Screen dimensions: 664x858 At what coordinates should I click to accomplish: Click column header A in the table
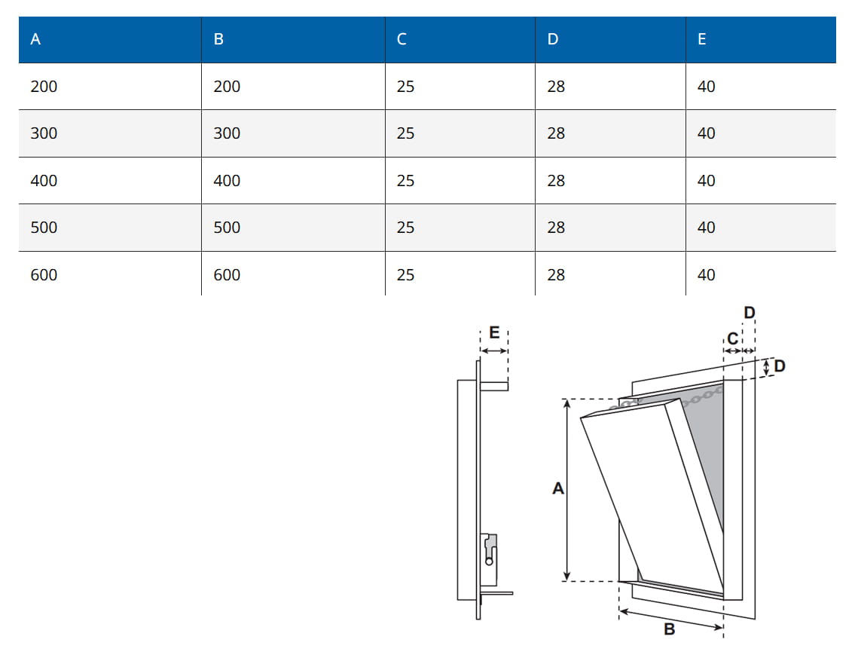[x=35, y=39]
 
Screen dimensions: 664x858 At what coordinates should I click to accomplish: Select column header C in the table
[x=402, y=39]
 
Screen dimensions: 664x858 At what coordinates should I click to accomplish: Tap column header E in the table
[x=701, y=39]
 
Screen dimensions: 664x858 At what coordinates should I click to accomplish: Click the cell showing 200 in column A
[x=44, y=87]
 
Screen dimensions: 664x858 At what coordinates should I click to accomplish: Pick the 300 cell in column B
[x=227, y=133]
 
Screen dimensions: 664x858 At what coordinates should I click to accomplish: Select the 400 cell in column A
[x=44, y=181]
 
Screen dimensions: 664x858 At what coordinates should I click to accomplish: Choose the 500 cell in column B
[x=227, y=228]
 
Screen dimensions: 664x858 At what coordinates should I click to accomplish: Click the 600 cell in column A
[x=44, y=275]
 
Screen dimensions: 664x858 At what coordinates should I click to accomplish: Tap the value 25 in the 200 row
[x=405, y=87]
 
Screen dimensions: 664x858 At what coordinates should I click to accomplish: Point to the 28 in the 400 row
[x=556, y=181]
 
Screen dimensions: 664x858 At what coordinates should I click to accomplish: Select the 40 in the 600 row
[x=706, y=275]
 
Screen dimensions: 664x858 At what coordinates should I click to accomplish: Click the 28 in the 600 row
[x=556, y=275]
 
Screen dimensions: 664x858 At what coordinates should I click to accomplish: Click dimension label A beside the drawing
[x=558, y=488]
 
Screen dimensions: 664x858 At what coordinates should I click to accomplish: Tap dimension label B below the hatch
[x=669, y=629]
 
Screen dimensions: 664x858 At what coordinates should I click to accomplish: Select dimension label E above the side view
[x=494, y=332]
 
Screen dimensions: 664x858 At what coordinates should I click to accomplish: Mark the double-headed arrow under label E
[x=494, y=350]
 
